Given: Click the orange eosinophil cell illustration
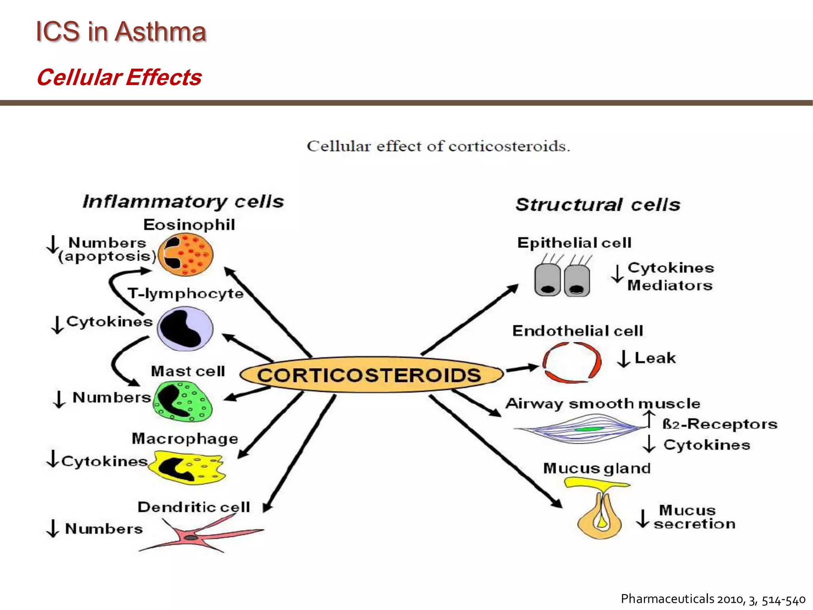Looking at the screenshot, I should [x=185, y=255].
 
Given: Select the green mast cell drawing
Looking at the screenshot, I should [x=183, y=401].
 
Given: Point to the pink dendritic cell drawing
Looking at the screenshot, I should [x=195, y=537].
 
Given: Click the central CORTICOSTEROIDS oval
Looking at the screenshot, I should [x=371, y=374].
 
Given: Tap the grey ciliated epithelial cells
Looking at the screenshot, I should [x=562, y=279].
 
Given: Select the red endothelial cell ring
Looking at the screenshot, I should [x=572, y=363].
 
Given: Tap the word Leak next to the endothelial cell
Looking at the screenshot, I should [x=655, y=358].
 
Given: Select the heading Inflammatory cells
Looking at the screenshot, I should [x=183, y=202].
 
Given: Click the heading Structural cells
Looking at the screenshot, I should [x=598, y=205].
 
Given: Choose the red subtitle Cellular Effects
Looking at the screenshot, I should [x=119, y=77].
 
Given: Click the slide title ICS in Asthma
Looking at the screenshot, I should [x=121, y=31].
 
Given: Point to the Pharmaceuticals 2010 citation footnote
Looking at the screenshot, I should [x=713, y=599].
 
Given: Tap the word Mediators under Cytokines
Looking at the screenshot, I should [x=670, y=286].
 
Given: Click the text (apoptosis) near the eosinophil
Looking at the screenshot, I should [x=107, y=256].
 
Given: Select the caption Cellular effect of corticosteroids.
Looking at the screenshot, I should [x=438, y=146].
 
